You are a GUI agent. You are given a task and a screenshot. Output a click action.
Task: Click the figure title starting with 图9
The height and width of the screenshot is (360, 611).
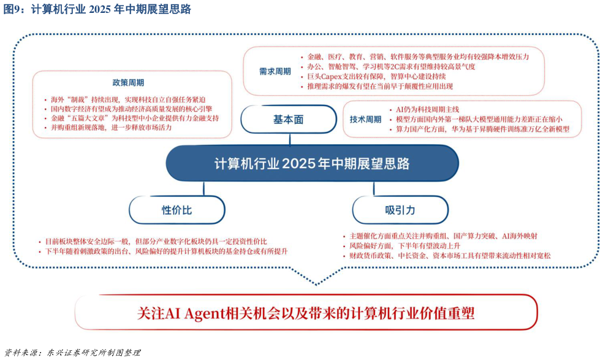98,9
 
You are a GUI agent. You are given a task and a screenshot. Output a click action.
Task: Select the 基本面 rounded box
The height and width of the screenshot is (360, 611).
288,120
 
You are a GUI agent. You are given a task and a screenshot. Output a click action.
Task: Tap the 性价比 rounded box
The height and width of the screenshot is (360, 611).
176,210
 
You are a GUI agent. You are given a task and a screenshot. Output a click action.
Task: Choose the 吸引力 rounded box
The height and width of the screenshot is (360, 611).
400,210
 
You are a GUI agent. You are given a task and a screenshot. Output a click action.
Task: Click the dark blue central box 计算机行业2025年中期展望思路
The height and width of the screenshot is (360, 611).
312,164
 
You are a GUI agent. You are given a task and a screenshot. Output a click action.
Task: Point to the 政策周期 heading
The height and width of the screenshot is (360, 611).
128,83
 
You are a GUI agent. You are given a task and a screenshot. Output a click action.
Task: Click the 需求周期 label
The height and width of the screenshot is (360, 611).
275,71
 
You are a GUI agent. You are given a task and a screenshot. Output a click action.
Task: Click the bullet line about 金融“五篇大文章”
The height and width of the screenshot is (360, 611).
135,118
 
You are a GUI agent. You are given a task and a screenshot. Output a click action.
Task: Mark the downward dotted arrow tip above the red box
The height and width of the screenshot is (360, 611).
316,283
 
